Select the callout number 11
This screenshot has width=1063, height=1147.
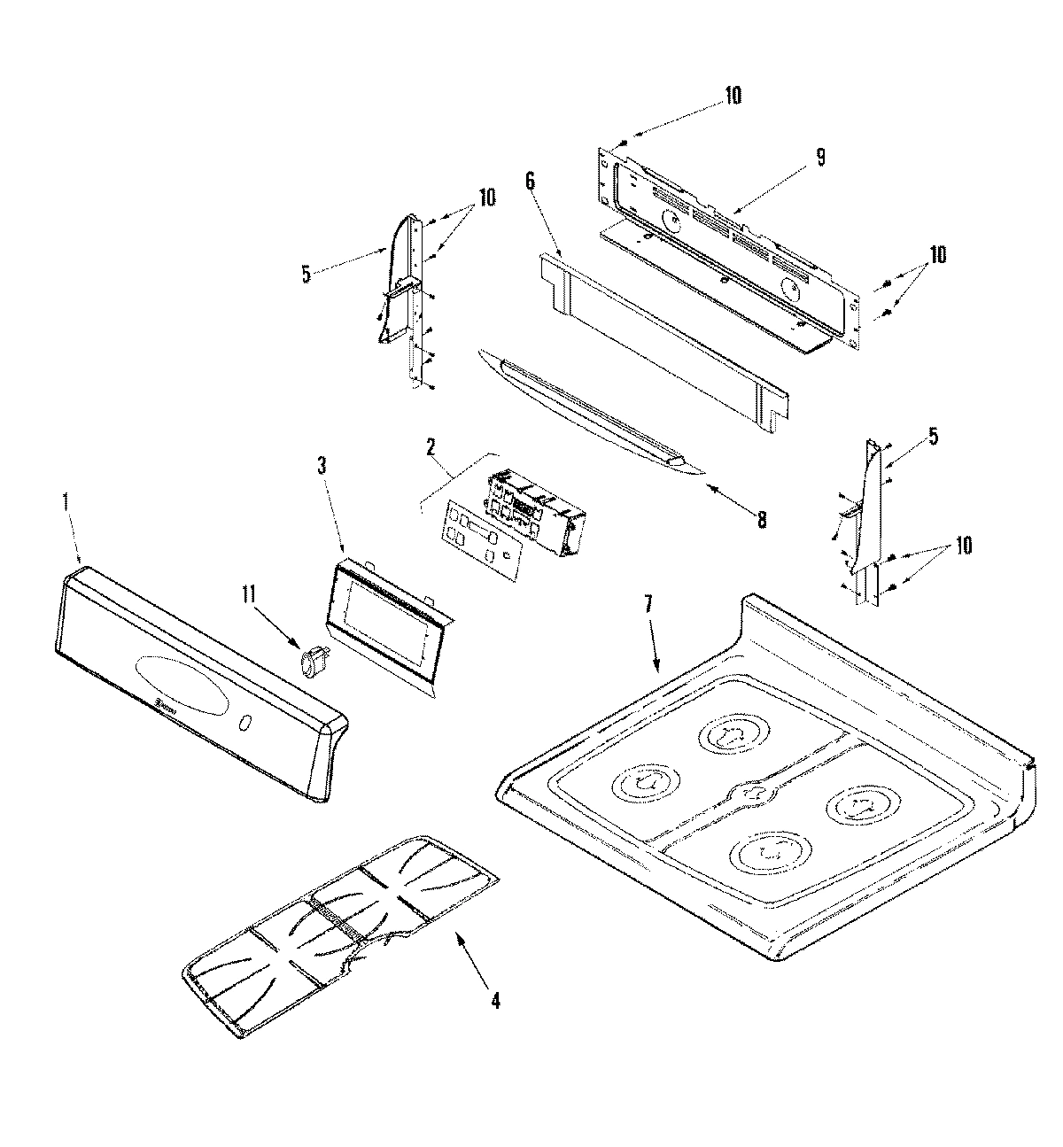tap(250, 594)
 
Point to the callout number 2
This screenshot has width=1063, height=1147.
tap(431, 446)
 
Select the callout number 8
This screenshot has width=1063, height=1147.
tap(761, 519)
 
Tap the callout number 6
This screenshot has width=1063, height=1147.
tap(530, 181)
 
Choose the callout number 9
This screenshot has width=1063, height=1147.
tap(820, 157)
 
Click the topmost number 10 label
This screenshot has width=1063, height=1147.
tap(733, 95)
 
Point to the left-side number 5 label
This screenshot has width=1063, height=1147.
tap(306, 274)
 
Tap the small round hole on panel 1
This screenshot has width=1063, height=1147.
tap(244, 725)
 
